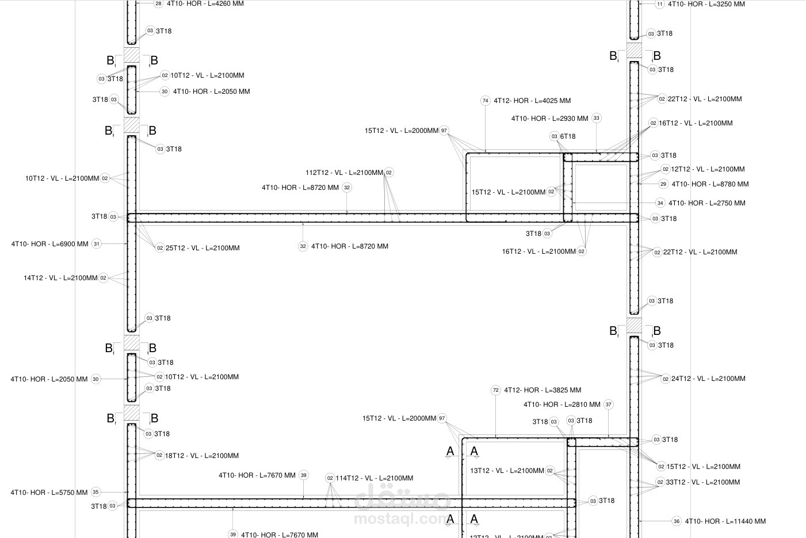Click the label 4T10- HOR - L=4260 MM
pos(205,3)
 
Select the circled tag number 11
pos(659,5)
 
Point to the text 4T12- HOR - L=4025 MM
pos(532,101)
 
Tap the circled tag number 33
pos(597,118)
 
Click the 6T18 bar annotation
pos(568,136)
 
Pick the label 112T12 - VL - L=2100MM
pos(345,173)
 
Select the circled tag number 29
pos(663,184)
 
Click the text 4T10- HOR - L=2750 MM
pos(706,203)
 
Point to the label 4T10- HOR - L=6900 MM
pos(49,244)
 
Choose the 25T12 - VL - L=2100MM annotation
pos(203,248)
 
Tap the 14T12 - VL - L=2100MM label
pos(60,278)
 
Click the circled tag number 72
pos(496,390)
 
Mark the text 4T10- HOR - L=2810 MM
pos(562,405)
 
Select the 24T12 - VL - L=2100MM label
pos(709,379)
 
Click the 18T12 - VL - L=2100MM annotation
pos(202,456)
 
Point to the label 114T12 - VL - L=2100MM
pos(375,478)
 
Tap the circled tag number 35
pos(96,492)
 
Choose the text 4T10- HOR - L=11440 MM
pos(725,521)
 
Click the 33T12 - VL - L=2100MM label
pos(703,482)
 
